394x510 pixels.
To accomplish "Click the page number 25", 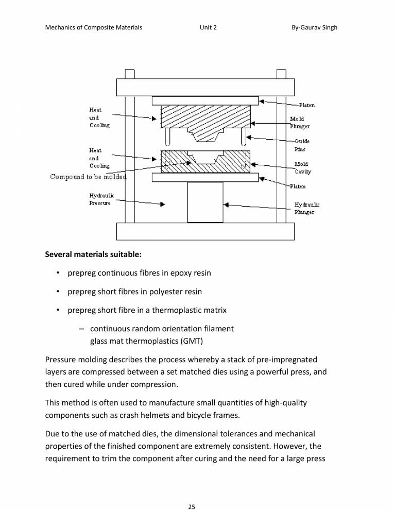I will pos(191,493).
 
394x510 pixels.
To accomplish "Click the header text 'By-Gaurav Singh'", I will pos(314,27).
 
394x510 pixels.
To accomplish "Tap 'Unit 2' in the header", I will pos(208,27).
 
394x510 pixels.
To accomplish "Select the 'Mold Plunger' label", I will pos(299,122).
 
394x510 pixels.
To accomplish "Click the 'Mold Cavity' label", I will pos(302,167).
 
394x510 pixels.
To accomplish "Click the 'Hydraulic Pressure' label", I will pos(101,199).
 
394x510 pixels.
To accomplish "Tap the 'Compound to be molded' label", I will pos(88,177).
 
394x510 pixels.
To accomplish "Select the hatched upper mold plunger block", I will pos(175,118).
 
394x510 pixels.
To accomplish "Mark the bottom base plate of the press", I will pos(205,231).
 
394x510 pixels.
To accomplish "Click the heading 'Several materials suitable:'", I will pos(93,254).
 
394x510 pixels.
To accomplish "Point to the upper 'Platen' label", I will pos(307,105).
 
